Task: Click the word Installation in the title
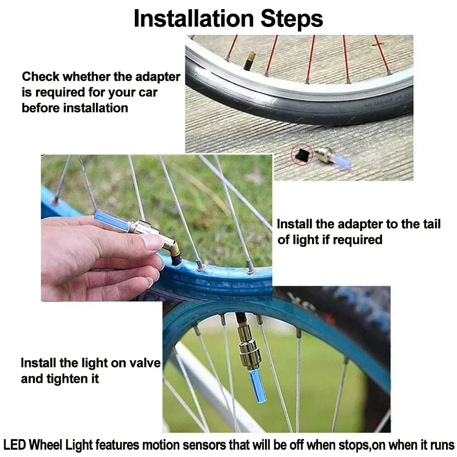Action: coord(194,19)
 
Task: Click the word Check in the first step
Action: coord(41,77)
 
